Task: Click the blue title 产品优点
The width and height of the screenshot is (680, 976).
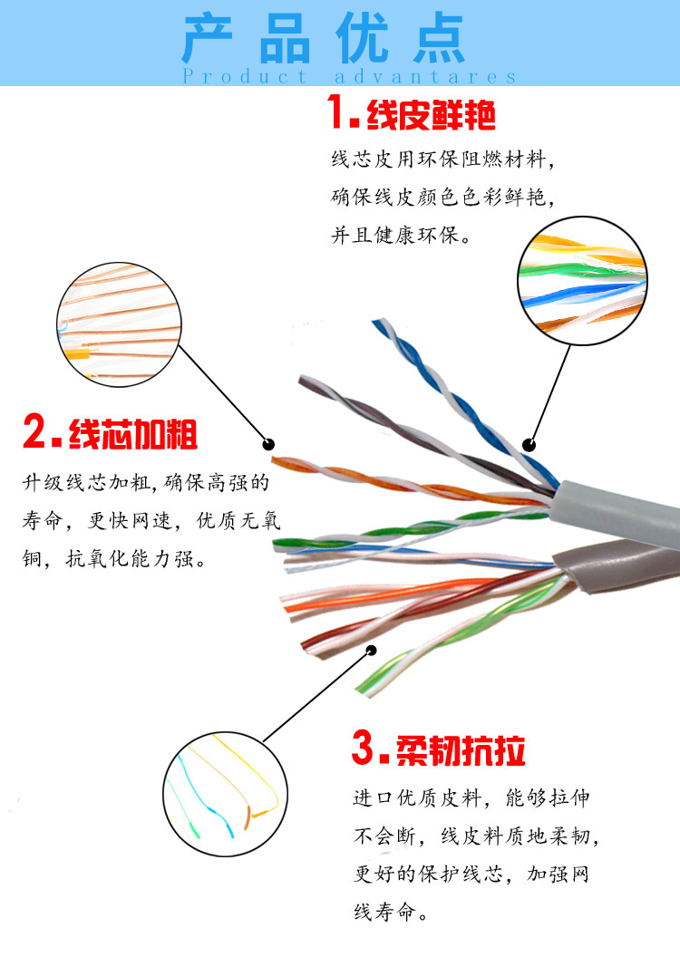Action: [324, 39]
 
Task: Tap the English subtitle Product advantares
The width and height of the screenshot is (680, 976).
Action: [349, 77]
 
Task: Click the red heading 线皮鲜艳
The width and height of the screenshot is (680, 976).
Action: [431, 116]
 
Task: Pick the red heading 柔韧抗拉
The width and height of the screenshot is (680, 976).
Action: [461, 750]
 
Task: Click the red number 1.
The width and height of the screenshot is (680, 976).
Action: [341, 114]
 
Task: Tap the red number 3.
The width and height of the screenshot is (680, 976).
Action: [364, 749]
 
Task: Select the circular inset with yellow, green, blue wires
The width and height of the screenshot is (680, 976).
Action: [582, 283]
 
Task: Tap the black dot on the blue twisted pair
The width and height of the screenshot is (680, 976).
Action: [529, 445]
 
